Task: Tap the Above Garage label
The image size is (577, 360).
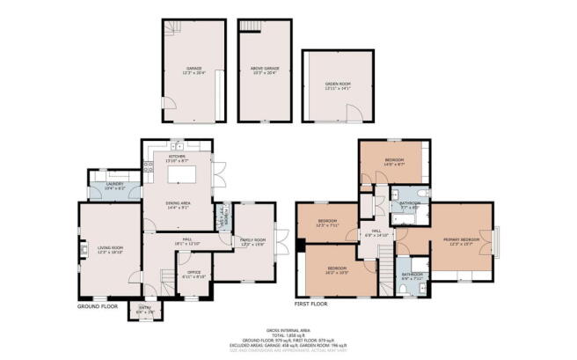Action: [264, 70]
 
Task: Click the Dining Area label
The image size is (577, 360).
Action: [179, 205]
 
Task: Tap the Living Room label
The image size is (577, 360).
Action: [110, 250]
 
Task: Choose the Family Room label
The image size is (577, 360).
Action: [254, 241]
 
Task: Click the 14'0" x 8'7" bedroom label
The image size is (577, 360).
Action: [392, 162]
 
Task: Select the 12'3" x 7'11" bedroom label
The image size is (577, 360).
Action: [327, 223]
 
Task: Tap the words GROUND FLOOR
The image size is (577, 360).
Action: [98, 307]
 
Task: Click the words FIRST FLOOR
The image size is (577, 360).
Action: [311, 302]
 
